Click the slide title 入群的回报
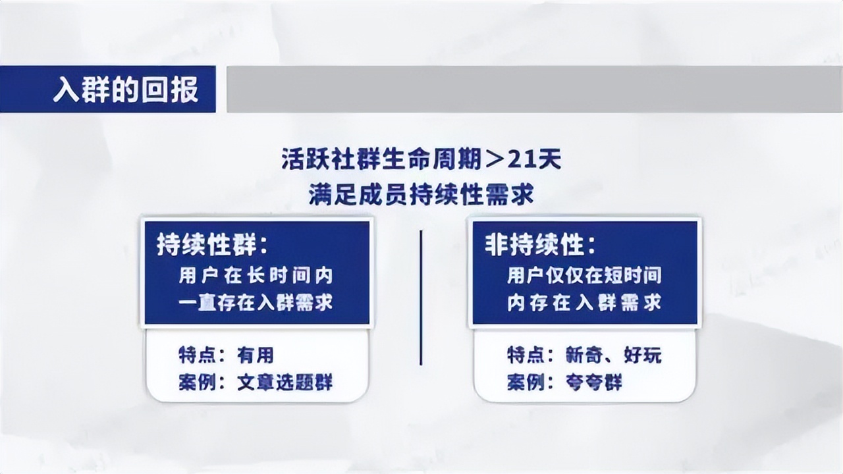pos(125,90)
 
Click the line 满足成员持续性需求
pos(421,195)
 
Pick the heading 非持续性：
pos(540,246)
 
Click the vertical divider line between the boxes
pos(421,296)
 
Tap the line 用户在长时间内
pos(256,275)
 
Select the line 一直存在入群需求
pos(256,302)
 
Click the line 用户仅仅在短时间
pos(584,275)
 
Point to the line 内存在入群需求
pos(584,302)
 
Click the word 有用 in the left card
pos(255,355)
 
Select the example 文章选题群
pos(285,382)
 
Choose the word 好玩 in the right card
pos(643,355)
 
